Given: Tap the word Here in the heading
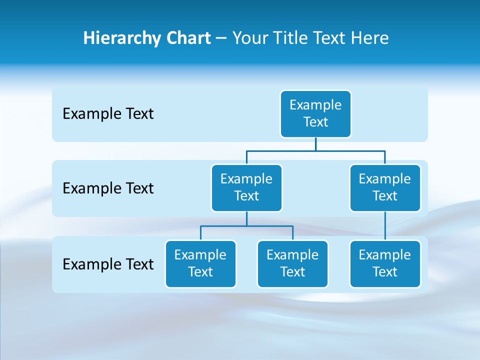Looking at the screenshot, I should coord(370,38).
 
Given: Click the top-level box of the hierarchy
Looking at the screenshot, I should coord(315,113).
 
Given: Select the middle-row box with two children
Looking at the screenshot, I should coord(246,187).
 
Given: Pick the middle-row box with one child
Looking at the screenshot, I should coord(385,187).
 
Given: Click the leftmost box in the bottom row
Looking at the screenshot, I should coord(200,263).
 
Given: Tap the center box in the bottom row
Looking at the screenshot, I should coord(292,263).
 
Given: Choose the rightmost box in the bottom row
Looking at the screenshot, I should coord(385,263).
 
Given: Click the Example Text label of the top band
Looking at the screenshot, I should coord(108,114).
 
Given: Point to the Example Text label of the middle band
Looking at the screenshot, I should coord(108,188).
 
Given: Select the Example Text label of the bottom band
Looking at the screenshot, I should coord(108,264).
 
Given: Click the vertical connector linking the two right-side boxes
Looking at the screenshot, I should coord(385,226).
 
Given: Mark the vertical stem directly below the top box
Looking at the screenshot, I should coord(315,144).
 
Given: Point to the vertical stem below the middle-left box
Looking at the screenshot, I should coord(246,219).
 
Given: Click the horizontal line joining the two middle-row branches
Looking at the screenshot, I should coord(315,150).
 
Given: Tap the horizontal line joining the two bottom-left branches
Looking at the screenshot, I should coord(246,226).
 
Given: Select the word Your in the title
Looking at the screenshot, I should coord(250,38).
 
